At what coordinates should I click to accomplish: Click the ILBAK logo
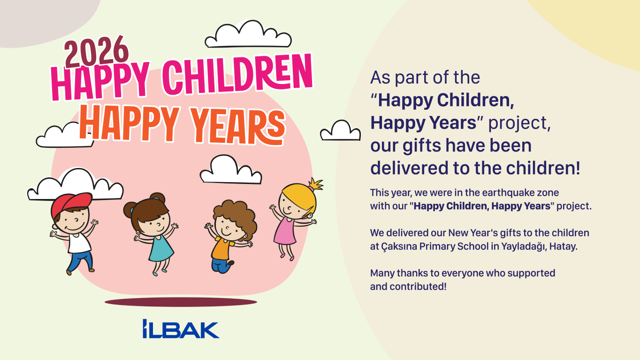pyautogui.click(x=181, y=329)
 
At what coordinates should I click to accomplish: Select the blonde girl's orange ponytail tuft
pyautogui.click(x=316, y=184)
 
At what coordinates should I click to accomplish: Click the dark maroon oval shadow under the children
pyautogui.click(x=181, y=302)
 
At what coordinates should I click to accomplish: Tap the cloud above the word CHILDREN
pyautogui.click(x=248, y=36)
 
